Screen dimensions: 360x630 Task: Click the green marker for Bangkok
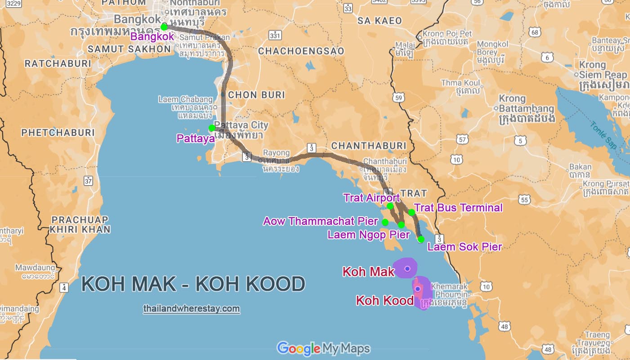[x=164, y=27]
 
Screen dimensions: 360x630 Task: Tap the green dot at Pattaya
[x=212, y=128]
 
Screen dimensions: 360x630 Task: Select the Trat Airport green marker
[x=390, y=206]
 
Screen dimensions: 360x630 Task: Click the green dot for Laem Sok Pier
[x=421, y=240]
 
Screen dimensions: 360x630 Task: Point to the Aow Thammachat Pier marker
[x=385, y=222]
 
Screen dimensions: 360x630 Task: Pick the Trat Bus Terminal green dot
[x=411, y=212]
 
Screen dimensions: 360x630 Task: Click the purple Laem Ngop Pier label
[x=368, y=235]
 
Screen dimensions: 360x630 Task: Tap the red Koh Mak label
[x=368, y=271]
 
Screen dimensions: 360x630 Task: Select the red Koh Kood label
[x=384, y=300]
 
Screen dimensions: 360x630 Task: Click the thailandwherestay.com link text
[x=192, y=309]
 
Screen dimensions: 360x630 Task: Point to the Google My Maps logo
[x=323, y=348]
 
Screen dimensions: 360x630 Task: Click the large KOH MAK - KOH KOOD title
[x=193, y=284]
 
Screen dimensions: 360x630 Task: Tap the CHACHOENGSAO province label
[x=301, y=51]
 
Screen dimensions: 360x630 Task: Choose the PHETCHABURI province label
[x=58, y=133]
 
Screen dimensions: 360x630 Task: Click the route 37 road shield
[x=88, y=181]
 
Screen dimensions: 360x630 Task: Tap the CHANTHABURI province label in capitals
[x=368, y=146]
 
